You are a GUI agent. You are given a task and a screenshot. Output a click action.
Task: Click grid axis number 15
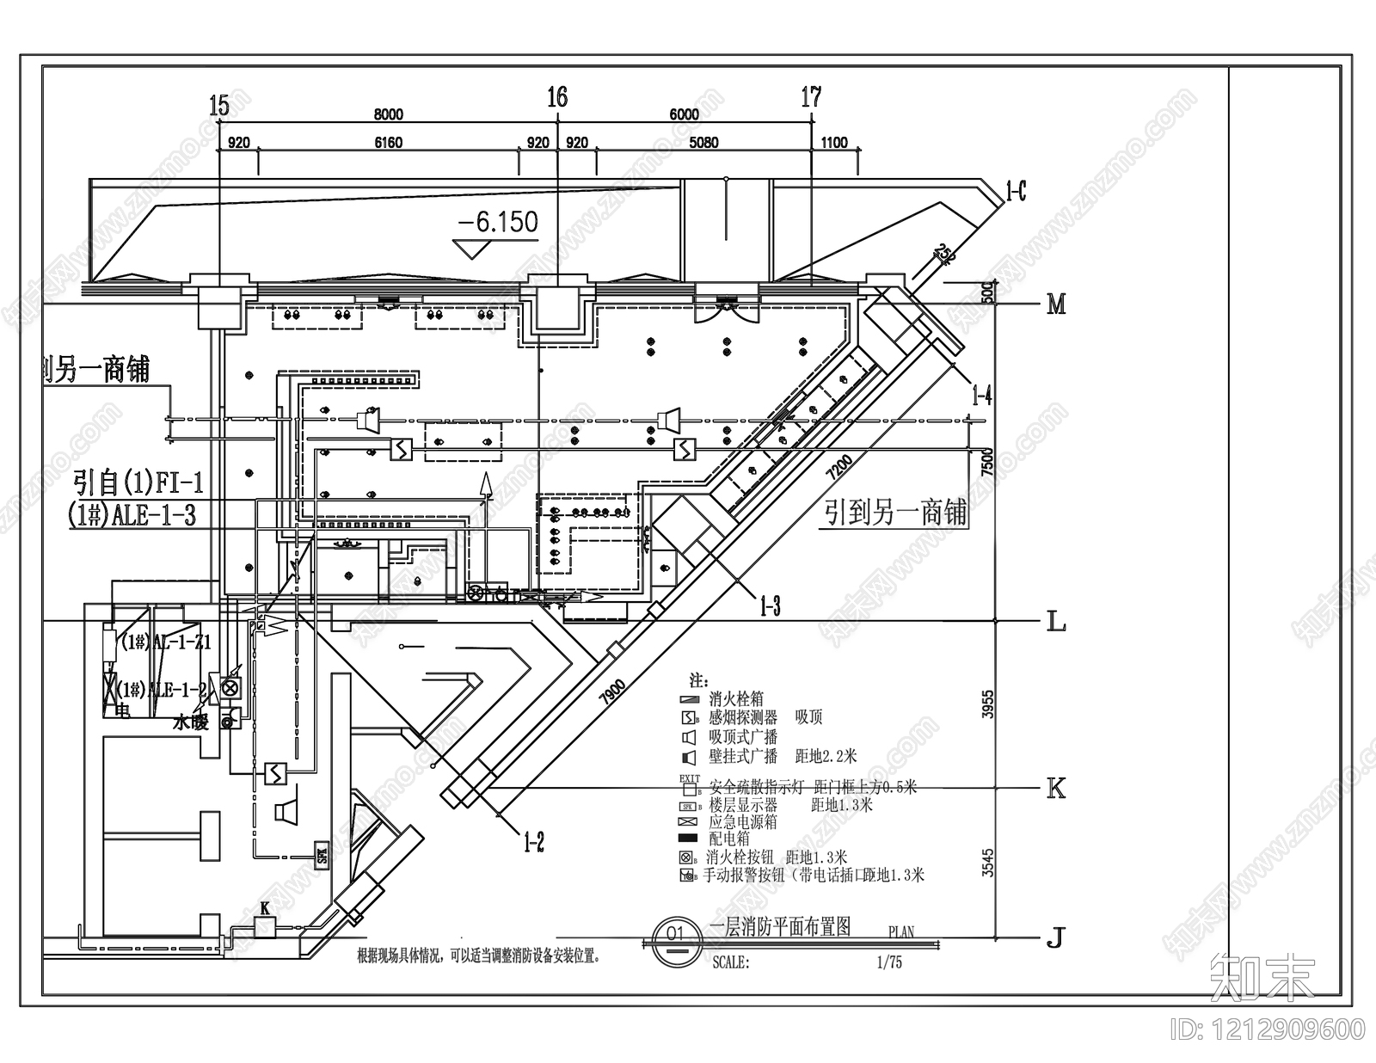pyautogui.click(x=219, y=106)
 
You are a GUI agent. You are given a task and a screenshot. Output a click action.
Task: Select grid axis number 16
pyautogui.click(x=557, y=96)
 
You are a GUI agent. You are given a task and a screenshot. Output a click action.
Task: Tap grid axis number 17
pyautogui.click(x=811, y=97)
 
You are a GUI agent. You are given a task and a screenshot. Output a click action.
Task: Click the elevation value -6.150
pyautogui.click(x=498, y=223)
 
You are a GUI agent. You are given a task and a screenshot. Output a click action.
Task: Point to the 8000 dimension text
pyautogui.click(x=388, y=114)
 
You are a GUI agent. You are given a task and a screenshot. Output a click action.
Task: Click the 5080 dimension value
pyautogui.click(x=703, y=143)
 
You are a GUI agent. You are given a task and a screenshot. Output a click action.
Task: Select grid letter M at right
pyautogui.click(x=1056, y=304)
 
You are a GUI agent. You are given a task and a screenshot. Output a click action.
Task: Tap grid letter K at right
pyautogui.click(x=1055, y=789)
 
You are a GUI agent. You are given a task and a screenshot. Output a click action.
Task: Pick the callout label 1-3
pyautogui.click(x=770, y=606)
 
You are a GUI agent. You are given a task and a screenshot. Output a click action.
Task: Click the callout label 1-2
pyautogui.click(x=534, y=841)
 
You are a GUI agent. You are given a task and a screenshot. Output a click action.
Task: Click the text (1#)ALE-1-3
pyautogui.click(x=132, y=515)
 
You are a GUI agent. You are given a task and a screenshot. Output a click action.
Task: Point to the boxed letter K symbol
pyautogui.click(x=265, y=926)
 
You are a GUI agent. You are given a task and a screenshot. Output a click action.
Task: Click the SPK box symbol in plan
pyautogui.click(x=322, y=856)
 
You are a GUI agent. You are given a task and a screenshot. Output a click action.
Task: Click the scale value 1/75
pyautogui.click(x=889, y=962)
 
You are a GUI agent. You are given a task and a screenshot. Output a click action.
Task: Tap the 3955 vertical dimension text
pyautogui.click(x=988, y=704)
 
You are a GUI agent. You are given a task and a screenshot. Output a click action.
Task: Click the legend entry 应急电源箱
pyautogui.click(x=743, y=821)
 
